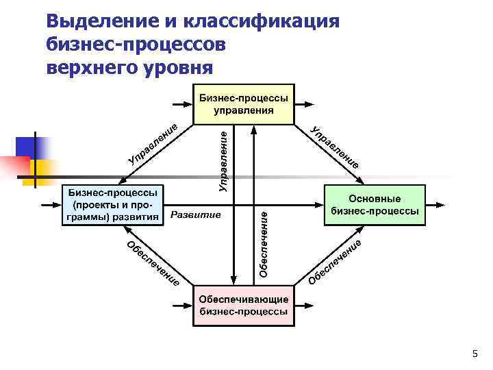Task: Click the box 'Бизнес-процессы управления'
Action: coord(244,103)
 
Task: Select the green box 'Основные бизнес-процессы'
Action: coord(374,205)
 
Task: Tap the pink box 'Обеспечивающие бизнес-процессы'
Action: coord(244,306)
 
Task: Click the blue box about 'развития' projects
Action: coord(114,205)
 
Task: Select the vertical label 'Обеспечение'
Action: coord(264,244)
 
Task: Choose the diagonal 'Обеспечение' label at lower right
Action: coord(335,262)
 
